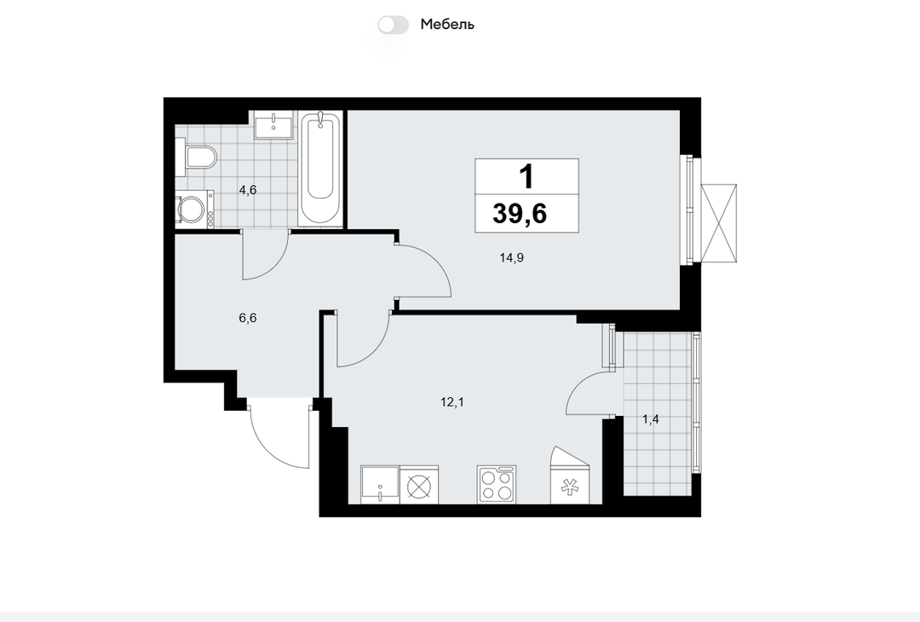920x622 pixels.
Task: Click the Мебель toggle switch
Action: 393,25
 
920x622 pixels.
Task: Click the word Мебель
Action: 447,25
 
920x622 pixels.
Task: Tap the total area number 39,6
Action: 520,213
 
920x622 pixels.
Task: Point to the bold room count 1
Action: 527,176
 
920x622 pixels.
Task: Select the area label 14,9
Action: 512,257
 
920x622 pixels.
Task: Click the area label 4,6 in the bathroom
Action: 248,189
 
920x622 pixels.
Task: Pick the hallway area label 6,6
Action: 248,318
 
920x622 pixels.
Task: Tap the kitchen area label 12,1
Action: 452,402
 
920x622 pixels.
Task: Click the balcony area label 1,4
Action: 651,419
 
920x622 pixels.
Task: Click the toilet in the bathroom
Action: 197,158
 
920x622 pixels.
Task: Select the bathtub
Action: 320,168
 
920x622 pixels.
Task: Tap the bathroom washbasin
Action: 273,124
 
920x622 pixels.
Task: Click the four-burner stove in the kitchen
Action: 497,484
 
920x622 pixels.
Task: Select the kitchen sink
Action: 380,485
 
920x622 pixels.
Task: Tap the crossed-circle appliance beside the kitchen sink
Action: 419,485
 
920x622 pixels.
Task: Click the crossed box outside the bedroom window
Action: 719,223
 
